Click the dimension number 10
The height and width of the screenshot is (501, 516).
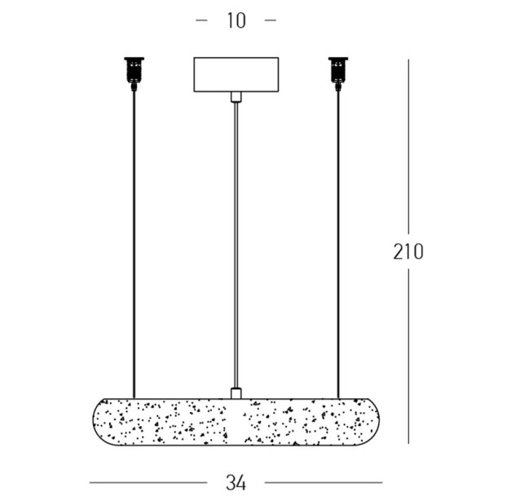(236, 20)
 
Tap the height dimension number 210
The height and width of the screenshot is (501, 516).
(408, 252)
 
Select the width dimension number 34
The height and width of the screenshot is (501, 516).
(236, 483)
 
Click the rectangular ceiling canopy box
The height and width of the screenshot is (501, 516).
(236, 74)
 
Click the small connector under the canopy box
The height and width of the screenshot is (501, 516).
(236, 96)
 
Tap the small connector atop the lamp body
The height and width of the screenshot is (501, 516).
(236, 393)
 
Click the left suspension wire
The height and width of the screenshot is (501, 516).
(134, 245)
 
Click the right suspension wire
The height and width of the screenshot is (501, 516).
(338, 245)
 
